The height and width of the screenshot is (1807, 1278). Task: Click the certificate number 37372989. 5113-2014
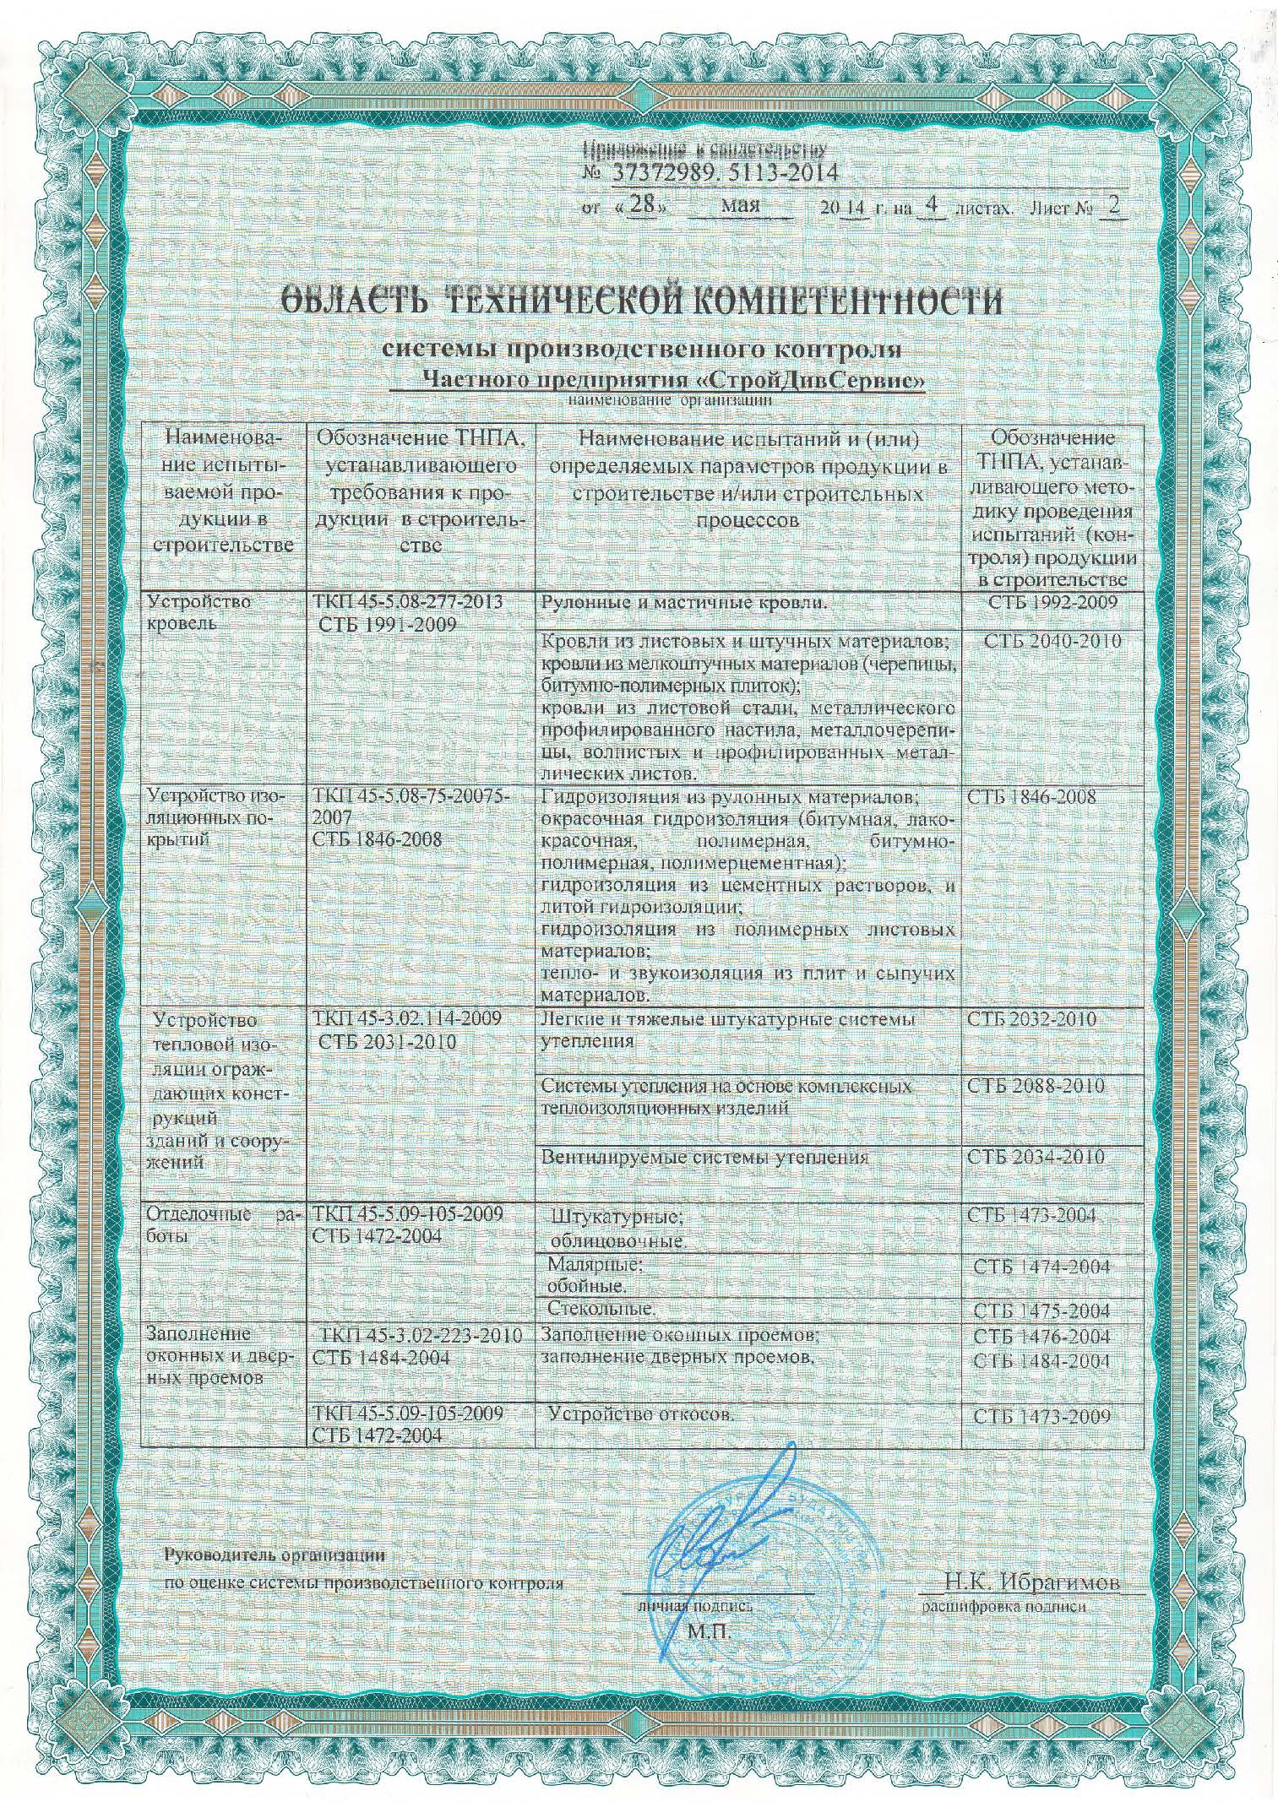point(721,173)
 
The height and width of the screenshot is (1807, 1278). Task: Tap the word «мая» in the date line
point(742,206)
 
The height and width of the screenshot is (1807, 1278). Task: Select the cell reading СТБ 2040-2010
point(1052,641)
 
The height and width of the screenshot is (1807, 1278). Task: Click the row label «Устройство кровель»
point(188,613)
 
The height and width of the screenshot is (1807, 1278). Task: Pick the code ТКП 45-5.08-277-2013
point(407,602)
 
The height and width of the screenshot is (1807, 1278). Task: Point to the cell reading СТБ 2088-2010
point(1036,1086)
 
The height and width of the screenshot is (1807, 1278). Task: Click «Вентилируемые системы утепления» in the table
point(704,1158)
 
